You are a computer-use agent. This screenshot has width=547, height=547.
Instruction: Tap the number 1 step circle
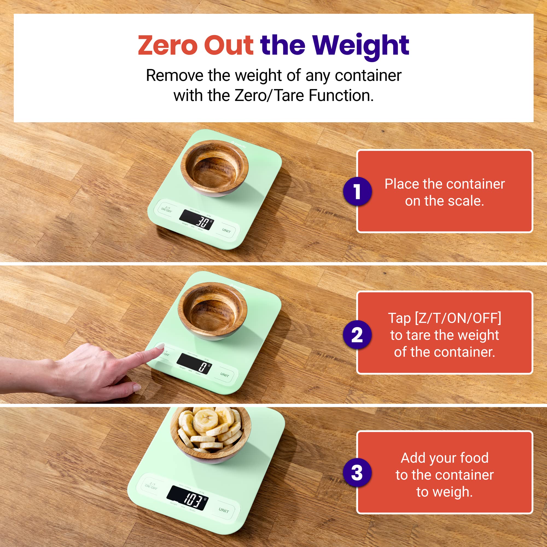pyautogui.click(x=357, y=191)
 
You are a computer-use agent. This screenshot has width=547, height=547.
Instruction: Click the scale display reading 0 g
pyautogui.click(x=194, y=363)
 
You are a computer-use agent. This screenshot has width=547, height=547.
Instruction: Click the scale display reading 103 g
pyautogui.click(x=187, y=497)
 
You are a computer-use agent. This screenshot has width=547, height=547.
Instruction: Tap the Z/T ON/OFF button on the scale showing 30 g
pyautogui.click(x=167, y=210)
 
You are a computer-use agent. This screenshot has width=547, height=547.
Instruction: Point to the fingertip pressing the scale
pyautogui.click(x=160, y=347)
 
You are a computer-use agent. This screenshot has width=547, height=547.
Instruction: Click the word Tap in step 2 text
pyautogui.click(x=399, y=318)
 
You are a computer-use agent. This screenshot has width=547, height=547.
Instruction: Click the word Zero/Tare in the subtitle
pyautogui.click(x=270, y=96)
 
